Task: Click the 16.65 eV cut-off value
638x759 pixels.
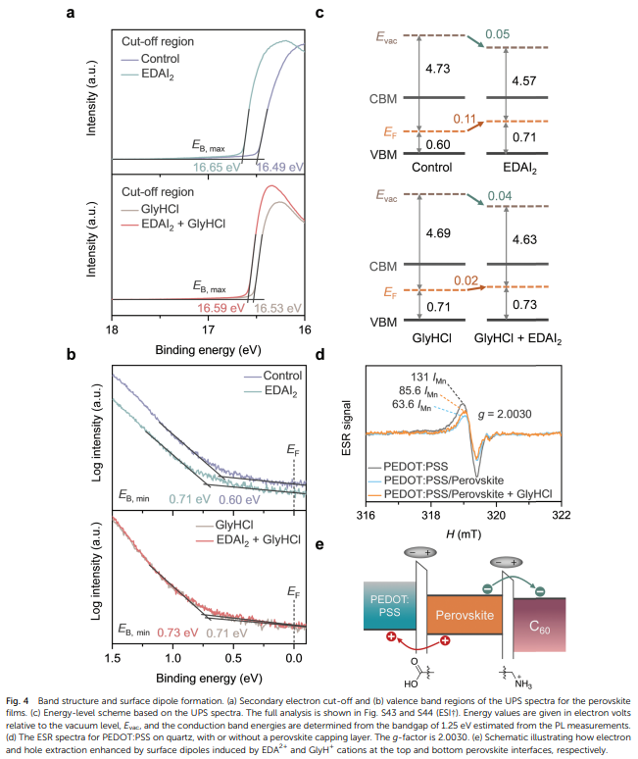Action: pyautogui.click(x=216, y=168)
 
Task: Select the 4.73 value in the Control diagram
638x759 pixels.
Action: pyautogui.click(x=438, y=69)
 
